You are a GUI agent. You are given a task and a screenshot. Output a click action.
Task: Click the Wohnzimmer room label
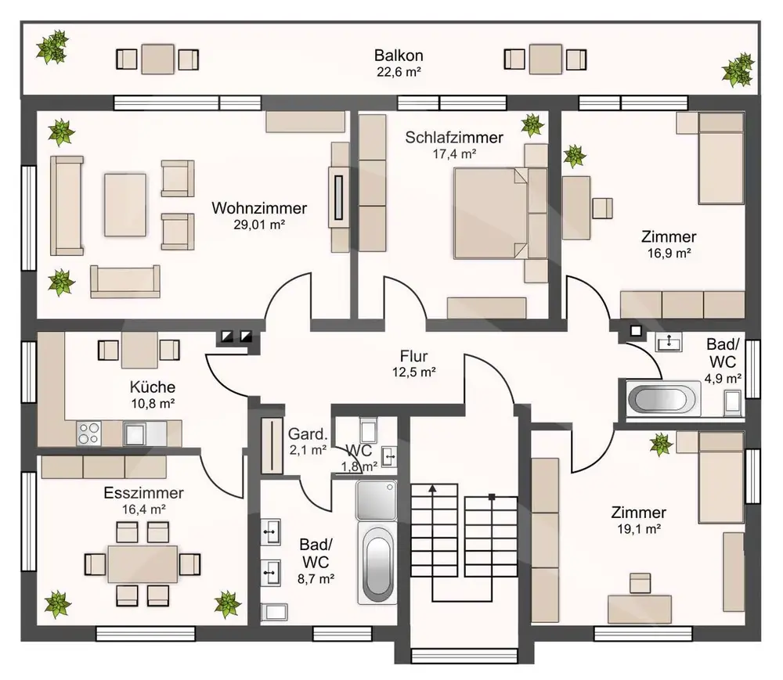[x=259, y=208]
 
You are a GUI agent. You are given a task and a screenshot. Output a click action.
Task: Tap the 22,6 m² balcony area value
[x=399, y=72]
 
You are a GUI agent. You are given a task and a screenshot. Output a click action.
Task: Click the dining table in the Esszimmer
[x=143, y=563]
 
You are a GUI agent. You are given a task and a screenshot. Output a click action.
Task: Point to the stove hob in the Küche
[x=88, y=433]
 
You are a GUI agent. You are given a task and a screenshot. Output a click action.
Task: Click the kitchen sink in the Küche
[x=145, y=433]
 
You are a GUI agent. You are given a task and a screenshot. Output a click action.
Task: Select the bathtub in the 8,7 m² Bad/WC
[x=377, y=563]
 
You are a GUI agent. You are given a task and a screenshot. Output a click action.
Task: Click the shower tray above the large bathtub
[x=377, y=500]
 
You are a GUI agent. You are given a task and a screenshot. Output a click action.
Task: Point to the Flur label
[x=413, y=356]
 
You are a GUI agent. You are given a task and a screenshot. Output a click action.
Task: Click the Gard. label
[x=308, y=434]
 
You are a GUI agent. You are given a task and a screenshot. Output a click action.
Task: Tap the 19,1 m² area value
[x=639, y=529]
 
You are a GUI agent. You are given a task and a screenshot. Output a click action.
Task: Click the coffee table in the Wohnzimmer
[x=124, y=204]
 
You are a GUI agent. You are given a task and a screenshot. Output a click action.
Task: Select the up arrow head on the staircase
[x=432, y=488]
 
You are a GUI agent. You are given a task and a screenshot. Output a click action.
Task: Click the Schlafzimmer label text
[x=454, y=137]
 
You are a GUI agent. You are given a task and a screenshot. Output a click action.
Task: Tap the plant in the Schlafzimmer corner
[x=532, y=124]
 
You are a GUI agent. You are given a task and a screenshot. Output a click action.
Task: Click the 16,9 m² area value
[x=669, y=253]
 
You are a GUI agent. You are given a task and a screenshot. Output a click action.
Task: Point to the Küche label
[x=153, y=387]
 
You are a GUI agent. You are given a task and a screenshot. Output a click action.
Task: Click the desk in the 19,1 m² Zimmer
[x=639, y=609]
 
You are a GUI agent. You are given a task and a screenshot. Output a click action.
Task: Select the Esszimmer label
[x=144, y=493]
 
